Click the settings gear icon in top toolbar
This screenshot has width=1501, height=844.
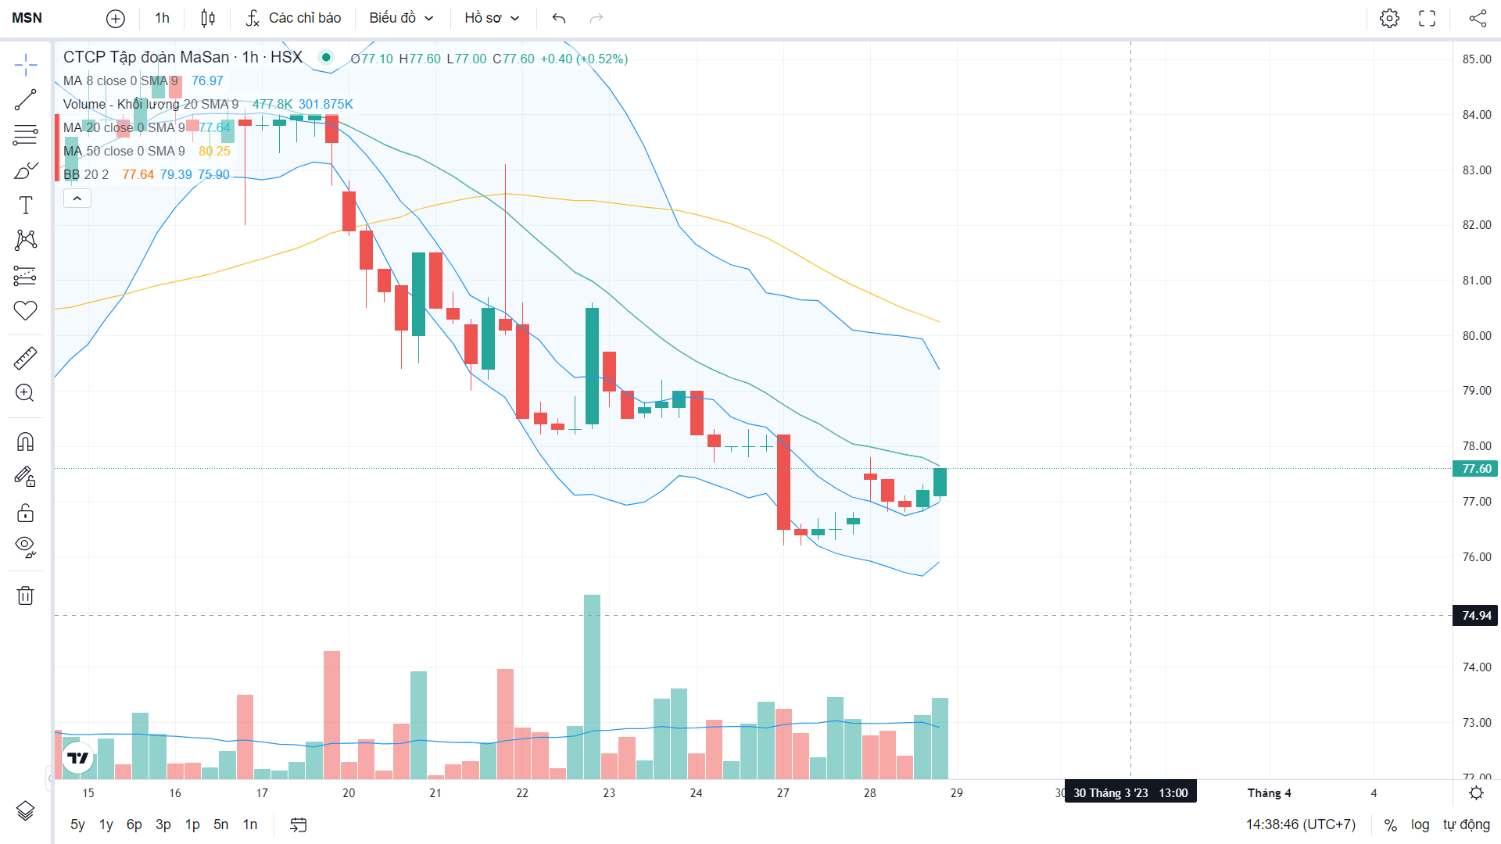[1389, 18]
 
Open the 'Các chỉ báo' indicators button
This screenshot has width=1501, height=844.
[294, 18]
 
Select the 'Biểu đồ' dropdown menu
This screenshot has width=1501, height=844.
[401, 18]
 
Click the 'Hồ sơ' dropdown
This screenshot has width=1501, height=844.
[492, 18]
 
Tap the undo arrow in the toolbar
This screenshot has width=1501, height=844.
[558, 18]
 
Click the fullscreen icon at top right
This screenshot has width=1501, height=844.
[1427, 18]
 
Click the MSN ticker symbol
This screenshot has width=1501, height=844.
[27, 18]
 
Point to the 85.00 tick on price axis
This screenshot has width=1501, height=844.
[1476, 59]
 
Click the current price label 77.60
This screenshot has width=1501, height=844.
[1476, 469]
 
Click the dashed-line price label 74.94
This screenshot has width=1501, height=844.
[1476, 616]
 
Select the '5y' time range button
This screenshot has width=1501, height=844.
[77, 824]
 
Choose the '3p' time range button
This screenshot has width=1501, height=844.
[163, 824]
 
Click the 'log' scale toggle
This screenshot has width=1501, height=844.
[1420, 824]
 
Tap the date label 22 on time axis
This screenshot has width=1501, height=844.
[522, 793]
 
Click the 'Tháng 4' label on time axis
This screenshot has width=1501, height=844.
[1269, 793]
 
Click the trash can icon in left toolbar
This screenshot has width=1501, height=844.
[25, 596]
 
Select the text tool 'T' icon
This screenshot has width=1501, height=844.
[25, 206]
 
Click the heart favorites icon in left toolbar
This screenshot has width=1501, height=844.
[25, 310]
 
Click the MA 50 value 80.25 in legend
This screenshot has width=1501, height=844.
[214, 152]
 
